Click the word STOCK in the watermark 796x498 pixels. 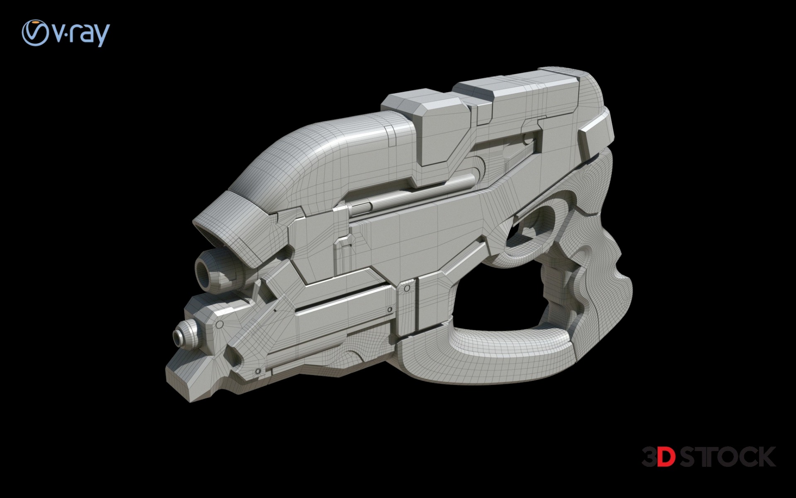point(728,456)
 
